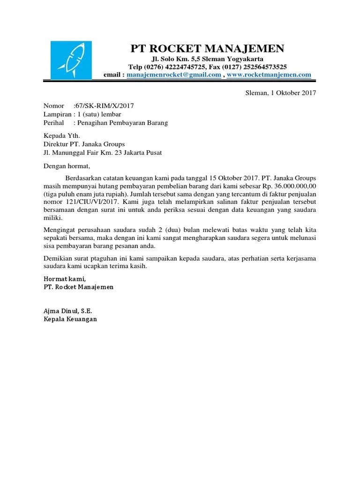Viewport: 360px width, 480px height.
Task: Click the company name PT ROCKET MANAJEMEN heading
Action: coord(207,49)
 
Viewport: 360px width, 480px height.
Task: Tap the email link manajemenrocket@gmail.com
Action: coord(174,75)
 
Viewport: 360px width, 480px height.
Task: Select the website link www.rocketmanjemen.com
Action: coord(269,75)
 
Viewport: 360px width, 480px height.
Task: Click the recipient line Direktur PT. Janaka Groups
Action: coord(84,144)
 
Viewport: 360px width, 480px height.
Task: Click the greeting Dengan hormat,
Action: coord(66,166)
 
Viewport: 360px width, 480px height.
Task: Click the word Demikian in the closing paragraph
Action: coord(58,258)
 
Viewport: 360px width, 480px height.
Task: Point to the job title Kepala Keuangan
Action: coord(70,319)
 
